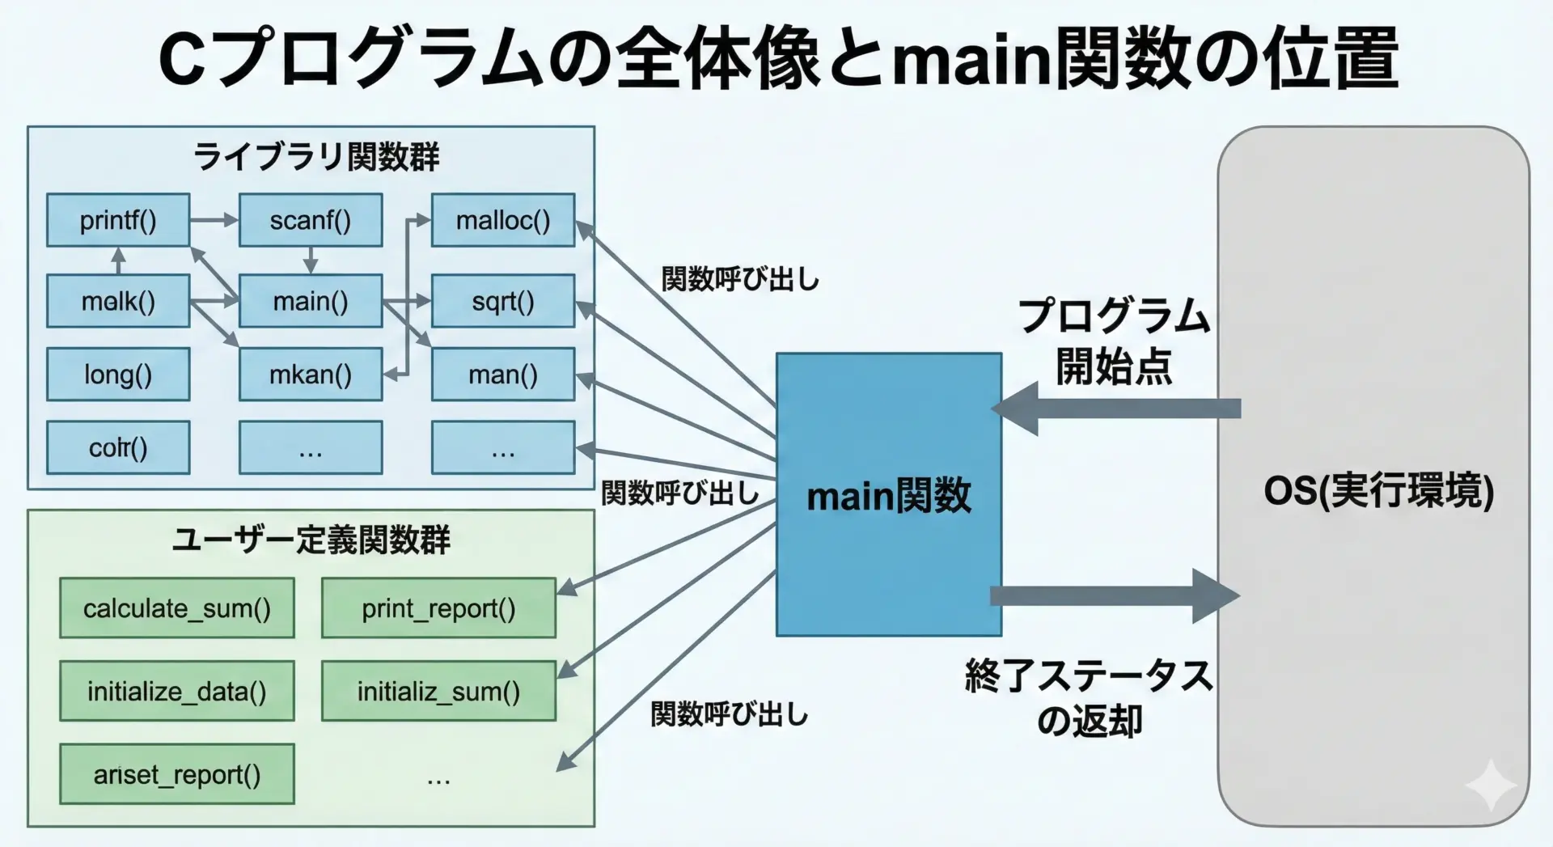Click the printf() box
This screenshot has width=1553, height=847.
118,220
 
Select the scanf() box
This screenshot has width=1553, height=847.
311,220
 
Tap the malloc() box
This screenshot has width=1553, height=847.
503,220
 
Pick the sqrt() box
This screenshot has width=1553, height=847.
503,301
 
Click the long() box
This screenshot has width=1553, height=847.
118,375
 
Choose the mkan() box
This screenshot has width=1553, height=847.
311,375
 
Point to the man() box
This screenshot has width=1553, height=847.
503,375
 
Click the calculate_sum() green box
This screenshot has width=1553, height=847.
177,608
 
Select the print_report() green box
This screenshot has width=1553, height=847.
438,608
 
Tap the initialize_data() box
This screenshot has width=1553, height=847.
177,692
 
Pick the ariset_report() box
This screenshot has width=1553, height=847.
177,775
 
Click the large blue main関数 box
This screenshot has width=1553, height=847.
889,494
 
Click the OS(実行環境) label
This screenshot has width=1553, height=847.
1378,491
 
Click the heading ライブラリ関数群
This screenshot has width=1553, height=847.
316,157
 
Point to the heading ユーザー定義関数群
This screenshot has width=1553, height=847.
311,540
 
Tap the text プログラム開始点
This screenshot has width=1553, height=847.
1114,341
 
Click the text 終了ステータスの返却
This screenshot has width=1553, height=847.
1089,697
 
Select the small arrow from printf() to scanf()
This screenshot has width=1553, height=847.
214,220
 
